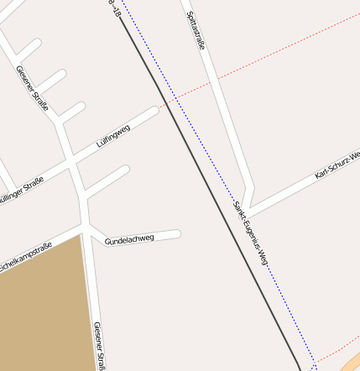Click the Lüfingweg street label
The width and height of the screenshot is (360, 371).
113,136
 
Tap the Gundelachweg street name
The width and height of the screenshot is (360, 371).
129,239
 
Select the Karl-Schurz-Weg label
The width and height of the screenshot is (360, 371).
337,166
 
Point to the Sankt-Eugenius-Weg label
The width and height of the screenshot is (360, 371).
250,233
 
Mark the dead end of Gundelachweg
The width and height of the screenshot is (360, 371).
177,233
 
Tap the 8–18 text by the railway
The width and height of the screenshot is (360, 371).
116,8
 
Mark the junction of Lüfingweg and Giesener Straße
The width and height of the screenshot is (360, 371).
74,159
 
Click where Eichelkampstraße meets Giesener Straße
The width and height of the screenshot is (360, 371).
85,227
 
